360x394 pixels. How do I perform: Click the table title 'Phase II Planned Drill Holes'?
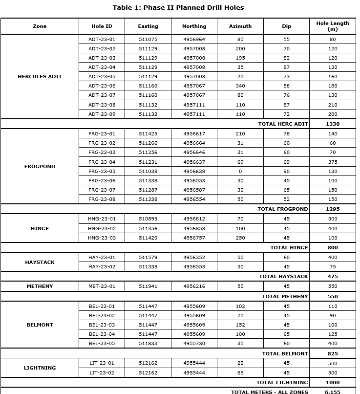coord(178,7)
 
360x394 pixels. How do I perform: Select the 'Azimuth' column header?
coord(240,26)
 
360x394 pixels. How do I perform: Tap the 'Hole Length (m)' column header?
coord(333,26)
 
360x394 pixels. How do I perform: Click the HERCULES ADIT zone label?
coord(40,77)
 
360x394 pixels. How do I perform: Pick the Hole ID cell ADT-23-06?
coord(102,86)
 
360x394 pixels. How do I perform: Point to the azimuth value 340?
coord(240,86)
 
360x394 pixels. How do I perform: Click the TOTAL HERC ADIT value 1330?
coord(333,124)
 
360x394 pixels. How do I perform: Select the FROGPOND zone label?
coord(40,167)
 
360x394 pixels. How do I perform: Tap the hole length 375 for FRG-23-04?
coord(333,162)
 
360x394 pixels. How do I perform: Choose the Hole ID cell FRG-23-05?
coord(102,172)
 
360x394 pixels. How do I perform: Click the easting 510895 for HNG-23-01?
coord(148,219)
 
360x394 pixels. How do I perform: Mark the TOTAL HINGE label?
coord(289,248)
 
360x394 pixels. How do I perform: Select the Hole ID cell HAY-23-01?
coord(102,258)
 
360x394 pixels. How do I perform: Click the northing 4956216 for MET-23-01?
coord(194,286)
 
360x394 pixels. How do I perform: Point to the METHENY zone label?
coord(40,286)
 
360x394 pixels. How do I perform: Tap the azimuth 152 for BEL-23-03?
coord(240,325)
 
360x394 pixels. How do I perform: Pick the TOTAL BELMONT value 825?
coord(333,354)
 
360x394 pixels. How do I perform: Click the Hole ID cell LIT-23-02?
coord(102,373)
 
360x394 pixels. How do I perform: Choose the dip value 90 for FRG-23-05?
coord(286,172)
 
